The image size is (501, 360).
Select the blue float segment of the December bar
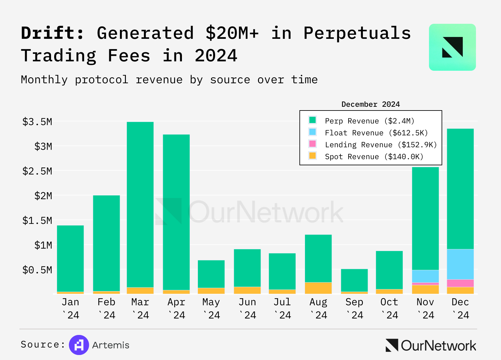[x=460, y=264]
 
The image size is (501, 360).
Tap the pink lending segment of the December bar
[x=460, y=283]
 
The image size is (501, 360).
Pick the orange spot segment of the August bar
[x=318, y=288]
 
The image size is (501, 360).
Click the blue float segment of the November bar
[x=425, y=276]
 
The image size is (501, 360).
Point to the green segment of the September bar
[x=354, y=280]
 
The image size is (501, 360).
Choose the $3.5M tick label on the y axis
[x=37, y=121]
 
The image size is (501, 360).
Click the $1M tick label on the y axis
[x=43, y=245]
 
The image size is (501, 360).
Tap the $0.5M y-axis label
[x=37, y=270]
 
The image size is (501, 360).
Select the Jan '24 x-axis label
[x=70, y=308]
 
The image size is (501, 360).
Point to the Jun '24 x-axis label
[x=247, y=308]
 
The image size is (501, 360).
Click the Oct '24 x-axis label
[x=389, y=308]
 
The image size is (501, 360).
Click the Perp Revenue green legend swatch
[x=312, y=120]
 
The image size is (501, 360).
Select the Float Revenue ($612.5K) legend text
[x=376, y=133]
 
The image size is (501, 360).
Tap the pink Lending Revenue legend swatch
[x=312, y=144]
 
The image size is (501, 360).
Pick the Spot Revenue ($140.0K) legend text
[x=374, y=157]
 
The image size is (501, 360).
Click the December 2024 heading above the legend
[x=370, y=104]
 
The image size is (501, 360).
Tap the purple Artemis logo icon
[x=79, y=345]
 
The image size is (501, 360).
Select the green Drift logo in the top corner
[x=452, y=47]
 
